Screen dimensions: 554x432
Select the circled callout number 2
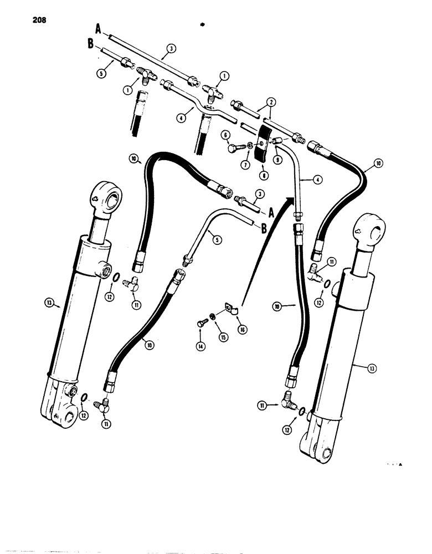point(270,102)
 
